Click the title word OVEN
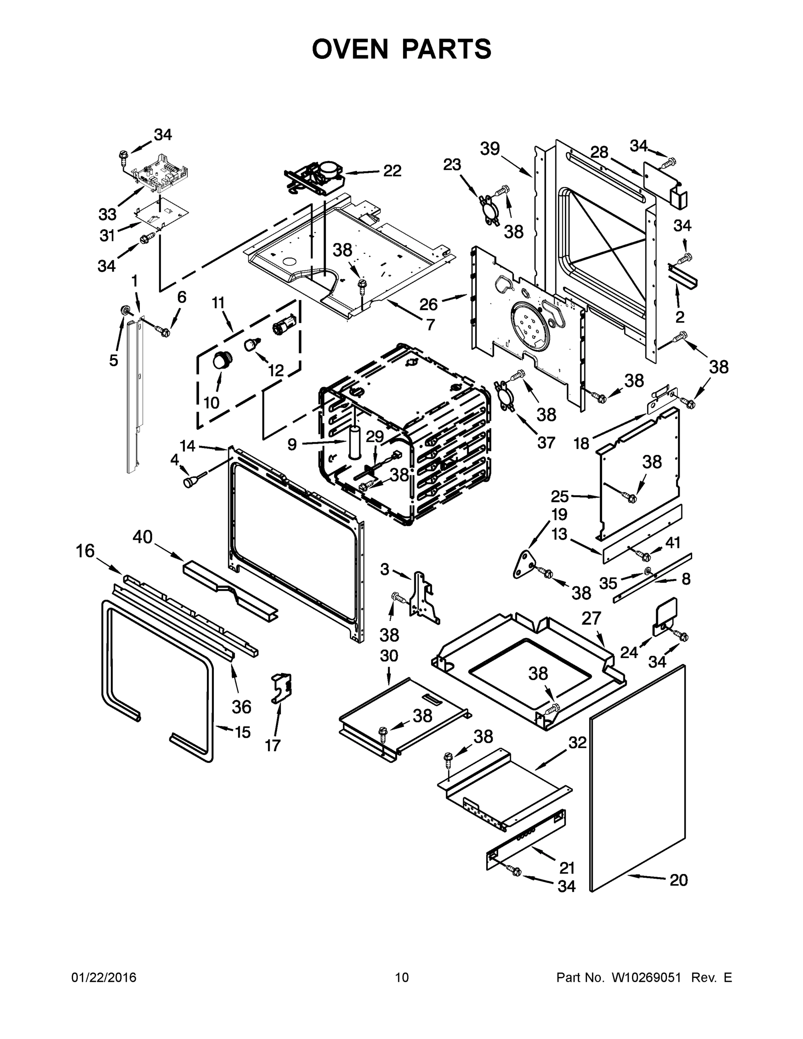350,49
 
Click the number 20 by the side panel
678,880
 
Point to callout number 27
591,619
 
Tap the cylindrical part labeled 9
355,442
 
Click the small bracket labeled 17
282,688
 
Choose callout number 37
546,442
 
